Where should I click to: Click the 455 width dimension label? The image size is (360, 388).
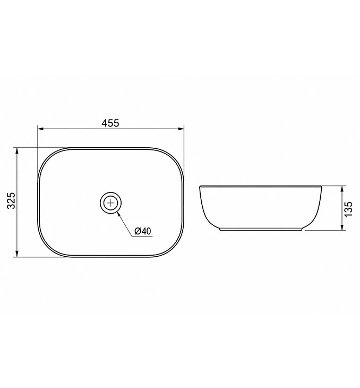coord(110,123)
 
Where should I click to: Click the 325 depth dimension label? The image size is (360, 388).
coord(12,200)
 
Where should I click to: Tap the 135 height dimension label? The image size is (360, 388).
coord(348,209)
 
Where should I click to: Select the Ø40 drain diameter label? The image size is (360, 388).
coord(142,231)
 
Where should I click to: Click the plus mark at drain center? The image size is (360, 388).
coord(111,203)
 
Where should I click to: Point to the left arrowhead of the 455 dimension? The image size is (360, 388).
coord(40,129)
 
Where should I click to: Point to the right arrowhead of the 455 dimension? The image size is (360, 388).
coord(181,129)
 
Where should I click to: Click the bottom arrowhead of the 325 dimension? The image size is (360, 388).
coord(17,254)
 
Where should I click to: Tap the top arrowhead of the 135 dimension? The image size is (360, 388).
coord(342,189)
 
